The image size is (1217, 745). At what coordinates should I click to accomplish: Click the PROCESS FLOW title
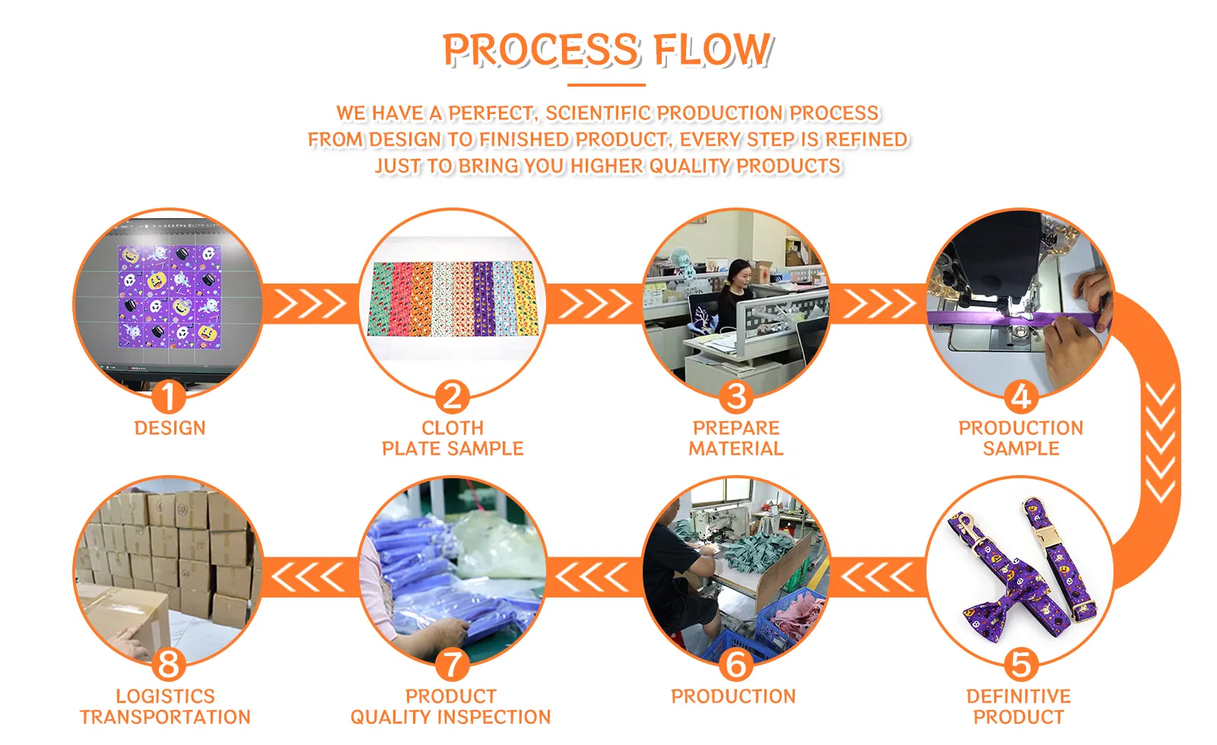click(x=608, y=50)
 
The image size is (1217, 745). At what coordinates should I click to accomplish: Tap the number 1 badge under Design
click(x=168, y=396)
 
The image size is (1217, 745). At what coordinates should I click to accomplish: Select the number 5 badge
click(x=1021, y=664)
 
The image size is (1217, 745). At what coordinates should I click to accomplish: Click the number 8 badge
click(x=168, y=664)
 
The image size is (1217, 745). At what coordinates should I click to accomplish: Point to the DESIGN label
click(x=170, y=429)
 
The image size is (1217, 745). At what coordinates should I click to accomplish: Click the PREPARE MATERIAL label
click(x=736, y=438)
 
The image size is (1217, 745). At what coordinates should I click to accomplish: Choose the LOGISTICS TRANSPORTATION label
click(x=165, y=706)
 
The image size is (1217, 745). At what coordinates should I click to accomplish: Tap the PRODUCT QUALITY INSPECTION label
click(x=450, y=706)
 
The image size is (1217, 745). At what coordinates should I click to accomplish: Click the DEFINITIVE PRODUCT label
click(x=1018, y=706)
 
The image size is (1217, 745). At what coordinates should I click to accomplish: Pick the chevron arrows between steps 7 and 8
click(x=308, y=577)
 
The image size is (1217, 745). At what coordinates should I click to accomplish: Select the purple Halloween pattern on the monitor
click(x=170, y=296)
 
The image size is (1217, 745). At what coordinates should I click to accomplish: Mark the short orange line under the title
click(x=606, y=84)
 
